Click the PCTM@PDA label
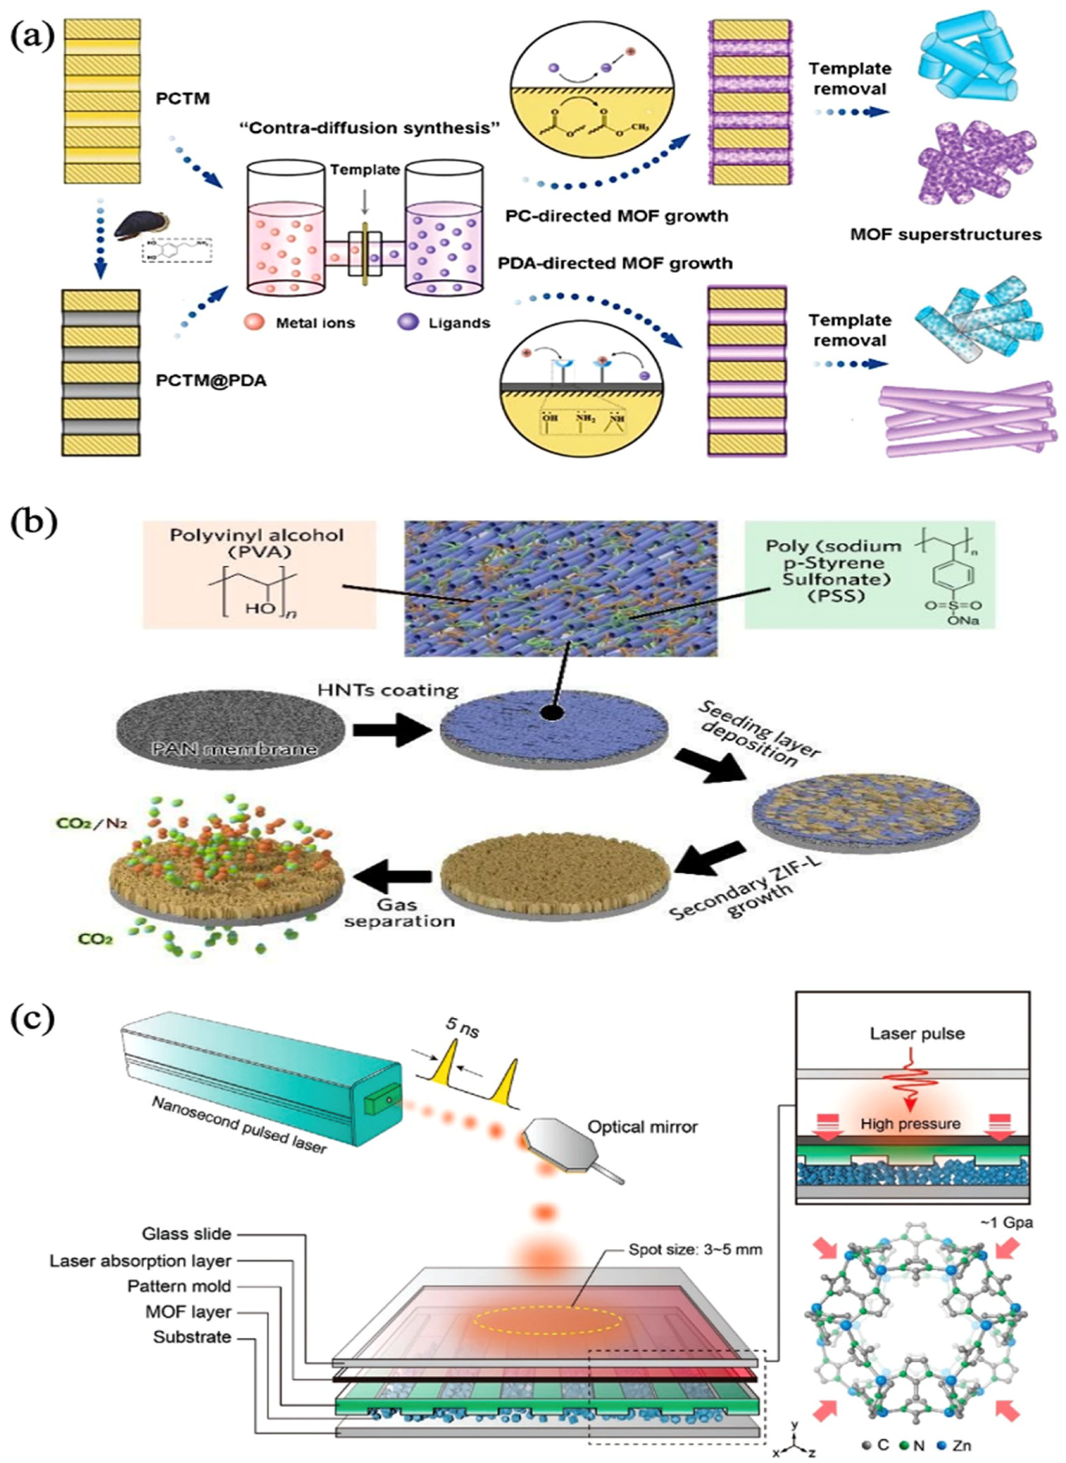click(x=211, y=381)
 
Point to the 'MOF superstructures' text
click(x=945, y=234)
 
